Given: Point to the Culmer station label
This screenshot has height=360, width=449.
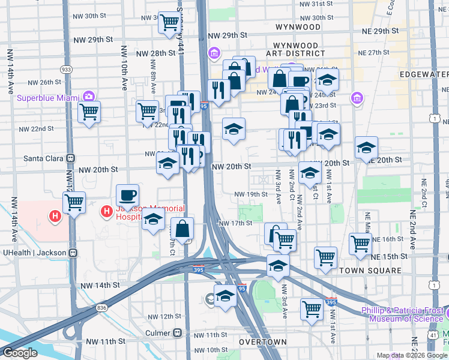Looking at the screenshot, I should coord(157,332).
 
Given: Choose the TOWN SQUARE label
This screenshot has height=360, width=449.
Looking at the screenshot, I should coord(370,271).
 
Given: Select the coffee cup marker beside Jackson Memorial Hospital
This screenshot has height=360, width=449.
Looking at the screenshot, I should coord(127,195).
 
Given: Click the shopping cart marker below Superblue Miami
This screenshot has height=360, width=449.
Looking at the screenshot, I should coord(89,111).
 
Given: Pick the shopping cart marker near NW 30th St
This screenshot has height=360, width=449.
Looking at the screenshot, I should coord(171,23).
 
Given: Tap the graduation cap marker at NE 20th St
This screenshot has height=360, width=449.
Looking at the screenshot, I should coord(366,147).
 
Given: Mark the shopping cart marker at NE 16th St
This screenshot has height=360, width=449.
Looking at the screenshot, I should coord(360,244).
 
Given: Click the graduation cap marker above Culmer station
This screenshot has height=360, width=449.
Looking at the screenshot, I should coord(225,296).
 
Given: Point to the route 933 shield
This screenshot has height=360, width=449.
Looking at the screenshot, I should coord(67,70).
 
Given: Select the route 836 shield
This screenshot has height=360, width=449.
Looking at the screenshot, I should coord(101,308).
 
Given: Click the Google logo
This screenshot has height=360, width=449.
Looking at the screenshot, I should coord(20,353).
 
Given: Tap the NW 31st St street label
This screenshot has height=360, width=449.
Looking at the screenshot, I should coord(316,4).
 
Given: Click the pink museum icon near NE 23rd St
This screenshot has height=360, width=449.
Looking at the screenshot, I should coord(357,97).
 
